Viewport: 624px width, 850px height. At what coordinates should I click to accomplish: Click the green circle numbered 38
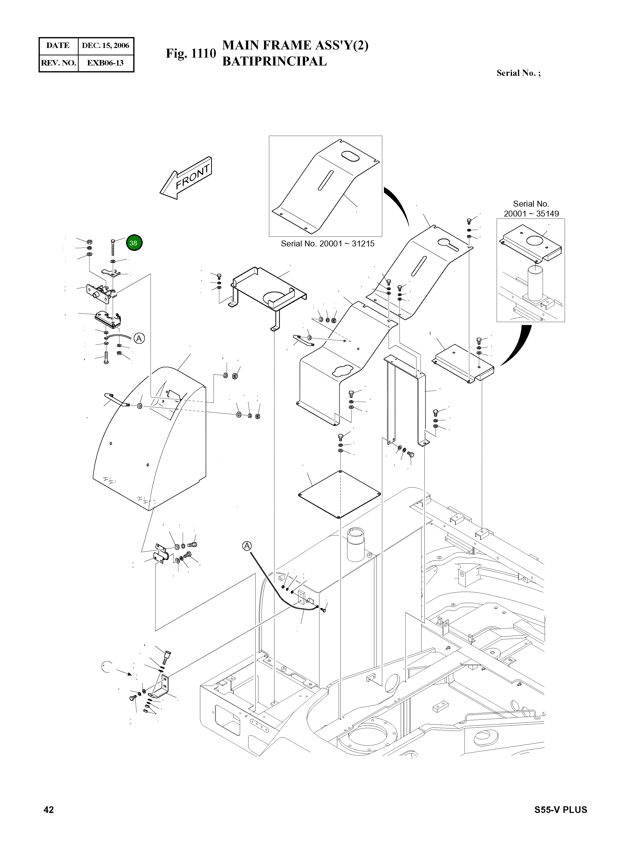pos(133,243)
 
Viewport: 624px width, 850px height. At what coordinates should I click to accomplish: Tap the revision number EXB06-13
pos(105,63)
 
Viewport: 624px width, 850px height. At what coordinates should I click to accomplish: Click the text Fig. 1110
pos(191,54)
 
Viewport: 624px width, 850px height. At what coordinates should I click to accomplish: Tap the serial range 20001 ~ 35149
pos(531,214)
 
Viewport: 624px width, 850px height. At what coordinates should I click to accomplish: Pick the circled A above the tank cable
pos(247,546)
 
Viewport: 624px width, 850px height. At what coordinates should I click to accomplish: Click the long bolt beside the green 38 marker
pos(113,248)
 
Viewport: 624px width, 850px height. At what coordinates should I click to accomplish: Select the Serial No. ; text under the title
pos(518,73)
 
